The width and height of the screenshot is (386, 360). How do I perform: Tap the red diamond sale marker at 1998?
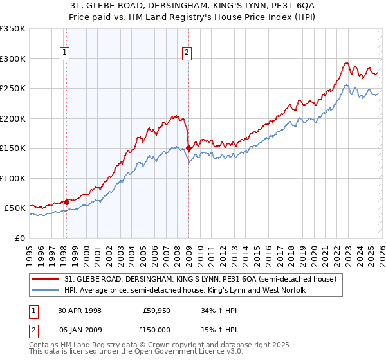(66, 202)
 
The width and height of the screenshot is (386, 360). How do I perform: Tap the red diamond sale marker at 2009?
(188, 148)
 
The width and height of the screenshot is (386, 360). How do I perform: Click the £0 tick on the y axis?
(19, 238)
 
